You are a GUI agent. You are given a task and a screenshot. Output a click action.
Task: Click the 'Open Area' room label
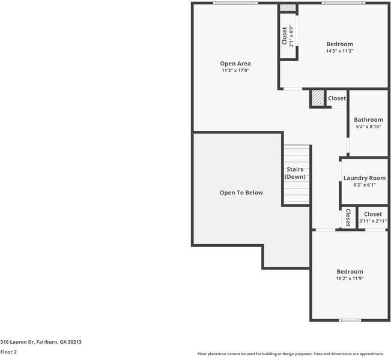point(235,64)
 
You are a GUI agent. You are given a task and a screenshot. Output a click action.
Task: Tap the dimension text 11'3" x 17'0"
point(235,71)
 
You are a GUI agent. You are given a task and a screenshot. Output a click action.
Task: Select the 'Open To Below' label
point(241,193)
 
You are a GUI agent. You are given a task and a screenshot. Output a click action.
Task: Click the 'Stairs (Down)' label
point(295,173)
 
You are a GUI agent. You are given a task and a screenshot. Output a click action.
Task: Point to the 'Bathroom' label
point(368,120)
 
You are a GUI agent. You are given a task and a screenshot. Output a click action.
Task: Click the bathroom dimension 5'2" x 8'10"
point(368,127)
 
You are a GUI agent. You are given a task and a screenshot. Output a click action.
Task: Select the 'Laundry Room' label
point(364,178)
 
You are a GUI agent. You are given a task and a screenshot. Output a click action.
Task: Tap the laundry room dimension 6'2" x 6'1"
point(364,185)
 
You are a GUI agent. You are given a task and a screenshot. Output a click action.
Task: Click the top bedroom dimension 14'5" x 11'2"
point(339,51)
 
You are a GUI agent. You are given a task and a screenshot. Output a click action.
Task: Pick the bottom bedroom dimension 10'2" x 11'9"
point(350,278)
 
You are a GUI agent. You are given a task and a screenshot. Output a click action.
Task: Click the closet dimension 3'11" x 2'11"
point(372,221)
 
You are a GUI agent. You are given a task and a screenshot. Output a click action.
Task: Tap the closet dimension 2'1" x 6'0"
point(292,37)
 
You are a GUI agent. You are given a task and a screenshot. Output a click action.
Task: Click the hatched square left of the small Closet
point(317,98)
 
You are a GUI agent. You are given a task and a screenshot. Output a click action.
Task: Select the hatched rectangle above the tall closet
point(288,8)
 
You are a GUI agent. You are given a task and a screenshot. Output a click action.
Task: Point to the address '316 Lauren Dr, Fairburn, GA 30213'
point(41,342)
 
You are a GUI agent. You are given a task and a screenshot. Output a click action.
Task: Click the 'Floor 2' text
point(8,352)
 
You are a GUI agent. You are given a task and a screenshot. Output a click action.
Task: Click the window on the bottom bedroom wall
point(350,320)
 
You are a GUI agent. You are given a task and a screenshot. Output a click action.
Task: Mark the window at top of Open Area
point(236,3)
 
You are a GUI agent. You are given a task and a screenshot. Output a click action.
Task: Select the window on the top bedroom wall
point(342,3)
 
